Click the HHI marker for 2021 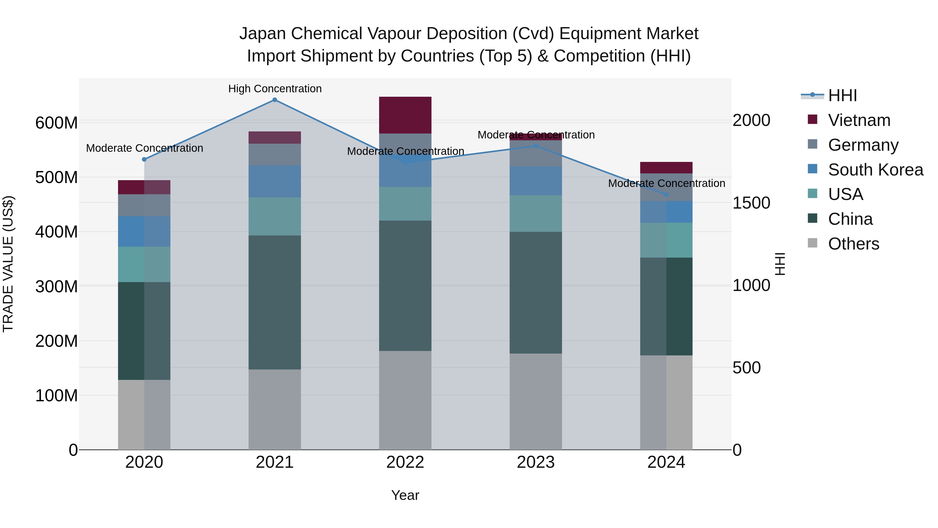pyautogui.click(x=275, y=100)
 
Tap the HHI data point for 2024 pyautogui.click(x=666, y=195)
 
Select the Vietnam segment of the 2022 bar pyautogui.click(x=405, y=115)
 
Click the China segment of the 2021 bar pyautogui.click(x=275, y=302)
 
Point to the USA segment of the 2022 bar pyautogui.click(x=405, y=204)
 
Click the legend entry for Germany pyautogui.click(x=863, y=145)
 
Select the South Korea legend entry pyautogui.click(x=875, y=170)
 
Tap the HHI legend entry pyautogui.click(x=842, y=95)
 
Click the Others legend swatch pyautogui.click(x=812, y=243)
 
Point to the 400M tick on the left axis pyautogui.click(x=57, y=232)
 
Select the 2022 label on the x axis pyautogui.click(x=405, y=462)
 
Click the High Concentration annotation pyautogui.click(x=275, y=89)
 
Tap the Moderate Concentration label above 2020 pyautogui.click(x=145, y=148)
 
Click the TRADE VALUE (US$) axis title pyautogui.click(x=8, y=264)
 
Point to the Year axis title pyautogui.click(x=405, y=495)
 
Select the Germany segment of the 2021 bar pyautogui.click(x=275, y=155)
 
